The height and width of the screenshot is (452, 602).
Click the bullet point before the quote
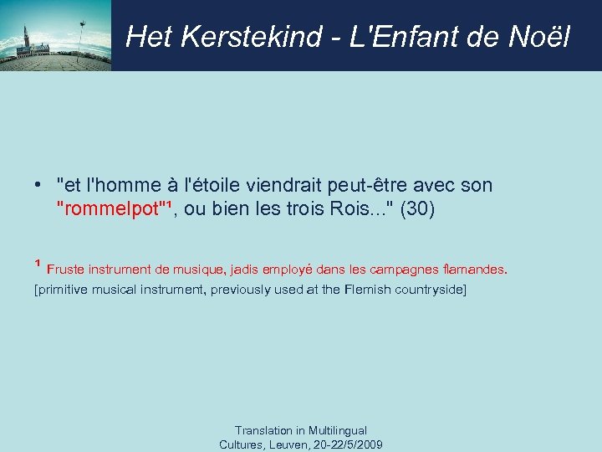[39, 186]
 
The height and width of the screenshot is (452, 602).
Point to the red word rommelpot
[108, 209]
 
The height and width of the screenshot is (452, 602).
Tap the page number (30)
[418, 209]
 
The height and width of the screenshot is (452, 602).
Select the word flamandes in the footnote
[475, 270]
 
